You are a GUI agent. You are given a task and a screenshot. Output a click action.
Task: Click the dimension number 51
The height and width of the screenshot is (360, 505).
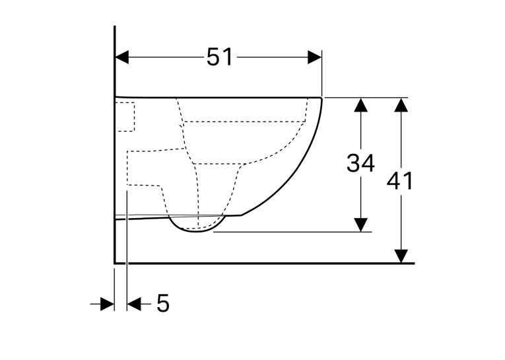pos(219,57)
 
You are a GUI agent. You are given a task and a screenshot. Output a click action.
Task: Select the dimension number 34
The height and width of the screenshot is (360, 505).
pos(360,162)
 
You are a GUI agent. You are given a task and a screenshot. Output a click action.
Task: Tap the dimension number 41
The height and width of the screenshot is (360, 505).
pos(399,181)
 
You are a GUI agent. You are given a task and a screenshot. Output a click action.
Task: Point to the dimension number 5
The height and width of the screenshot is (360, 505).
pos(163,303)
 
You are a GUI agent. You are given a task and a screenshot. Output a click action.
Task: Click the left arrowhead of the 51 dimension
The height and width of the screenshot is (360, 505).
pos(122,57)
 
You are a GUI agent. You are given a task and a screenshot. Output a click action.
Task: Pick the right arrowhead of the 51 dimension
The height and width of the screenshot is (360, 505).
pos(315,57)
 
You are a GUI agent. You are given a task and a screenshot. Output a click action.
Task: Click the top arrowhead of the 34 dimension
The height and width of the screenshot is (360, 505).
pos(360,104)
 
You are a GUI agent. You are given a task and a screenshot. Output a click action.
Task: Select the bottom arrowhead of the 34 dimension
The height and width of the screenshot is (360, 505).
pos(360,225)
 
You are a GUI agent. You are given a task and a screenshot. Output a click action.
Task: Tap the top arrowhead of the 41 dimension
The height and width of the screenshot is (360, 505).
pos(401,104)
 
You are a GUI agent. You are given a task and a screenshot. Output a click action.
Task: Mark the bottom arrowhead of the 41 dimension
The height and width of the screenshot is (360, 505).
pos(401,256)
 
